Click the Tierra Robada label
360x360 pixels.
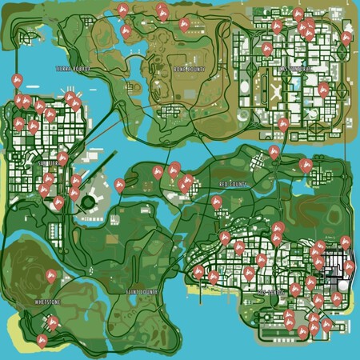point(73,69)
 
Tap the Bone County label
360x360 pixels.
point(189,70)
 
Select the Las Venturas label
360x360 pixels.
point(298,70)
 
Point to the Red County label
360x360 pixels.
point(234,184)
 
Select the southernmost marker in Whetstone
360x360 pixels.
point(41,341)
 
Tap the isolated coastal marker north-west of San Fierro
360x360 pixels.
point(17,81)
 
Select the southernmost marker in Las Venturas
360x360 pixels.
point(283,125)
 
